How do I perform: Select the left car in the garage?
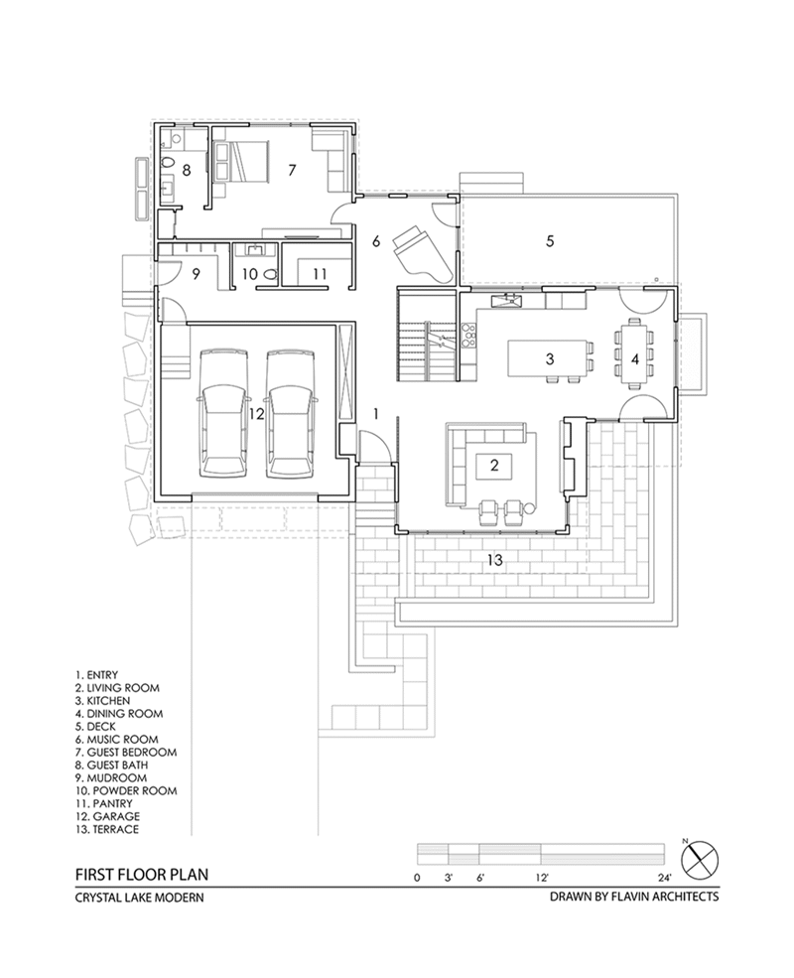[223, 414]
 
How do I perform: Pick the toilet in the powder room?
[270, 273]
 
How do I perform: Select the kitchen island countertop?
[549, 357]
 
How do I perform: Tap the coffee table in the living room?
[494, 466]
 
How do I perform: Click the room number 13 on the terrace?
[494, 560]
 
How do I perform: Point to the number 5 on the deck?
[550, 240]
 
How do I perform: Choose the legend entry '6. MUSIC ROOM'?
[116, 739]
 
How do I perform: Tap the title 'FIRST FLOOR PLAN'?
[142, 874]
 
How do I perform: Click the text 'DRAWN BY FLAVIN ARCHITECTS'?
[634, 897]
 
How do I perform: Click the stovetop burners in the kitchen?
[467, 335]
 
